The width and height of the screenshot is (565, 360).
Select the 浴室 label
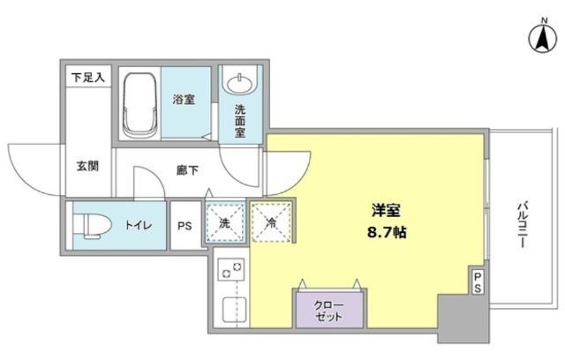click(x=184, y=99)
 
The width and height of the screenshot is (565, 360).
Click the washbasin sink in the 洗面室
click(x=238, y=85)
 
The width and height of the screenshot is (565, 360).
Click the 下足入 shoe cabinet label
click(x=88, y=78)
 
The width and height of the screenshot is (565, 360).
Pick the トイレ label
click(x=137, y=226)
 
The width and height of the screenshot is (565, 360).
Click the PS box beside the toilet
click(x=184, y=226)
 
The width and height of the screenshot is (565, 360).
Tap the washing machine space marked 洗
click(x=224, y=223)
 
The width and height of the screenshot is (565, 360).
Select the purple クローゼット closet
click(x=328, y=310)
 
